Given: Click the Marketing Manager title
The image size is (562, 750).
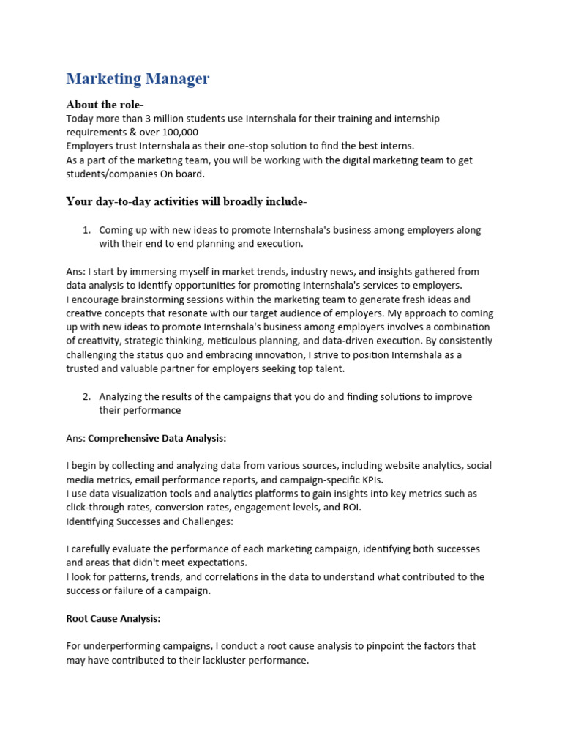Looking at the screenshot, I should [138, 78].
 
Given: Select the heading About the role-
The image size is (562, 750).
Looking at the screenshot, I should [105, 104].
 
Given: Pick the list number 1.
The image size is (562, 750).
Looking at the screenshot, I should [86, 230].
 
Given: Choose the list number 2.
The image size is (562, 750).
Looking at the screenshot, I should [86, 396].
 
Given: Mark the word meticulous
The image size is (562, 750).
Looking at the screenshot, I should [232, 341].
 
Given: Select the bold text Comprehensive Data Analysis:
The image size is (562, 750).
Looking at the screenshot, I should [157, 438].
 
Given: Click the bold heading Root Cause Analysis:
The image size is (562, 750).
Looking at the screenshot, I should [113, 618].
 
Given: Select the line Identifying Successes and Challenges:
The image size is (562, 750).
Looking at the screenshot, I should [150, 521].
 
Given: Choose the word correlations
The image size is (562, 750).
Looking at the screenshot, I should [211, 576].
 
